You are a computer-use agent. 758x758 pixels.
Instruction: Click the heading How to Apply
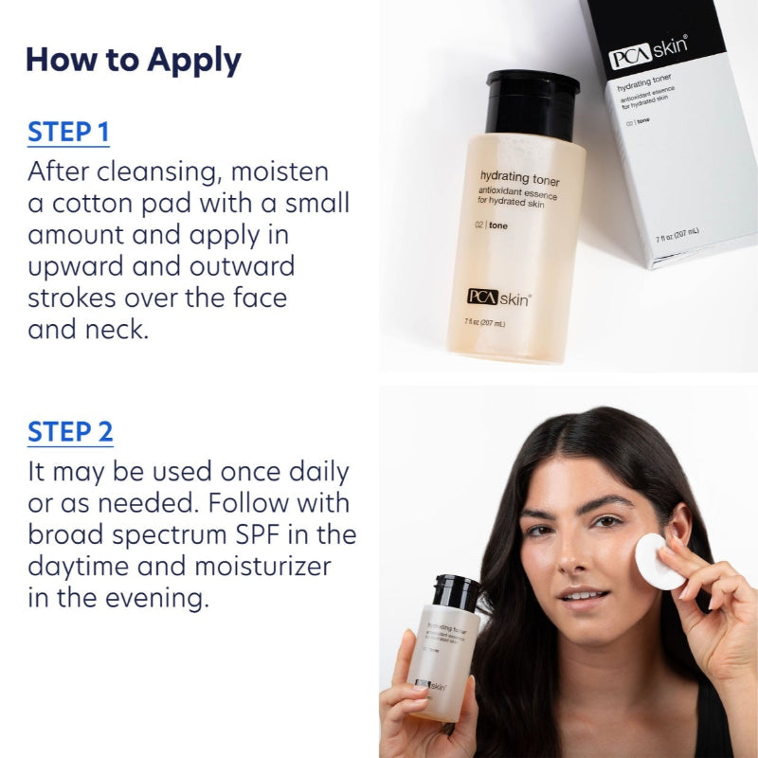[x=133, y=60]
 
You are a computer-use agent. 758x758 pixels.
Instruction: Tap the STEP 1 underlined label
[x=68, y=132]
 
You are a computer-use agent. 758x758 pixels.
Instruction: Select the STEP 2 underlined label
[x=70, y=432]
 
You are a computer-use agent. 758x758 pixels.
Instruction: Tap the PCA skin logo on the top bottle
[x=499, y=297]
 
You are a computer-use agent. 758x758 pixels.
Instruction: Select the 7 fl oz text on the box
[x=677, y=233]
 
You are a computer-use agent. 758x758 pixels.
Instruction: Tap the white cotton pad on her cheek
[x=659, y=561]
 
